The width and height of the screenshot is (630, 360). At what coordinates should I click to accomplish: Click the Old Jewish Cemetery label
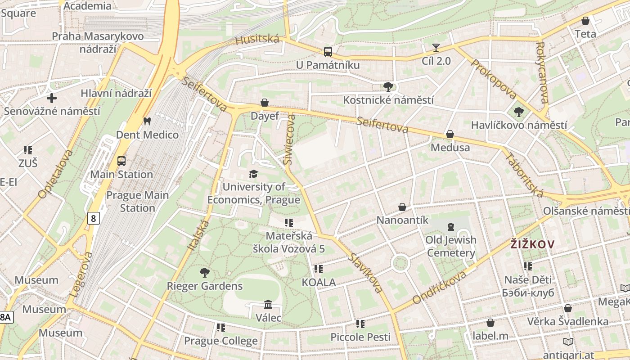click(x=451, y=246)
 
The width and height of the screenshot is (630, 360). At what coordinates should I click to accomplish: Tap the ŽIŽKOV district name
click(x=532, y=244)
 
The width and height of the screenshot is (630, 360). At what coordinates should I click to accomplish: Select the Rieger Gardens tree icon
click(x=205, y=272)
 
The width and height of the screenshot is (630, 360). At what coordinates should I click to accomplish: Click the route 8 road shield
click(x=93, y=219)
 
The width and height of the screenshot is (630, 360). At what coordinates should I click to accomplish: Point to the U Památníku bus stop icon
click(x=328, y=52)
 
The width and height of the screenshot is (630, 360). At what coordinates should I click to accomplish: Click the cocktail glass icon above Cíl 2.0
click(x=436, y=48)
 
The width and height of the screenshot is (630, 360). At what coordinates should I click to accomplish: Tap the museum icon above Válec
click(x=268, y=305)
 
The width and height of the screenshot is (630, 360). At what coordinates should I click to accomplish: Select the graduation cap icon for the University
click(x=254, y=174)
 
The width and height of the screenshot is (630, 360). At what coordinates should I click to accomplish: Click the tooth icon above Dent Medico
click(x=146, y=121)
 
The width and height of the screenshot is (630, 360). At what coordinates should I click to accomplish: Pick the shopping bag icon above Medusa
click(x=450, y=134)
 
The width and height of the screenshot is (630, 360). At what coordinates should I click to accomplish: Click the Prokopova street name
click(x=493, y=79)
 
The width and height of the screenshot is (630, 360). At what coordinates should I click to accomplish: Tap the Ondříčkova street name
click(x=440, y=287)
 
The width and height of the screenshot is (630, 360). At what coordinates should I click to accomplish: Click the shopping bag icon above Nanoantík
click(x=402, y=207)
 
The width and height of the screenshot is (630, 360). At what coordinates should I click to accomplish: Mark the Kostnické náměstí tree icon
click(x=388, y=86)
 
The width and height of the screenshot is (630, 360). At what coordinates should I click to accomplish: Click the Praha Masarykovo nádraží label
click(x=98, y=42)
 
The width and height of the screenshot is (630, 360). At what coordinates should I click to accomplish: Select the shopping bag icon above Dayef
click(x=265, y=103)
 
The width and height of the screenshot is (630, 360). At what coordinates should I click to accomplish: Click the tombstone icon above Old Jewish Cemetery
click(x=451, y=227)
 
